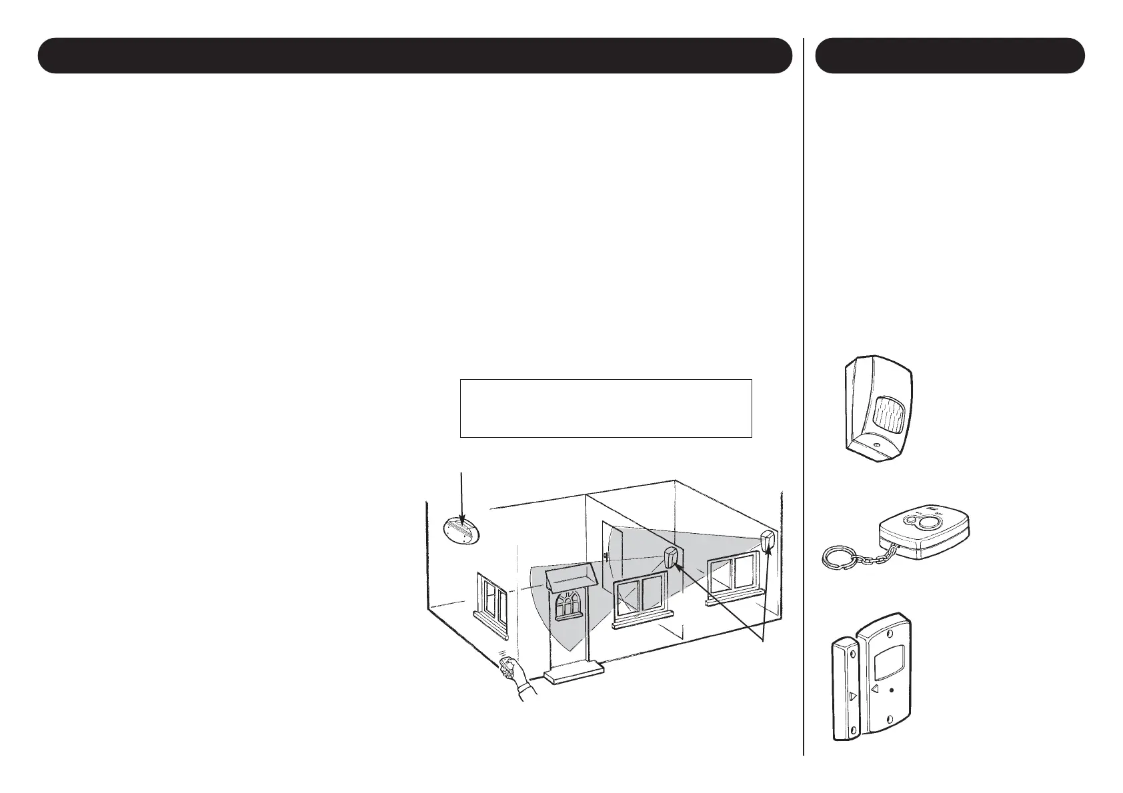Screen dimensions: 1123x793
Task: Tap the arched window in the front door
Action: click(x=568, y=604)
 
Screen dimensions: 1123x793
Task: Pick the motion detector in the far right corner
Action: click(x=768, y=542)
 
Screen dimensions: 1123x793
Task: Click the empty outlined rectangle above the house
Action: click(x=606, y=408)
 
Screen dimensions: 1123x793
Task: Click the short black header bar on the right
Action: click(x=950, y=55)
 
